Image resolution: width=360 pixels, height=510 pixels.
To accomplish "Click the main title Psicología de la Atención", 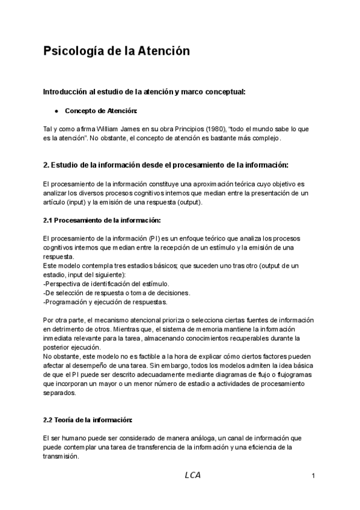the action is (117, 52).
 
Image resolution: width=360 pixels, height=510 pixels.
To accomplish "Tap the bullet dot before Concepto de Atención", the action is (56, 111).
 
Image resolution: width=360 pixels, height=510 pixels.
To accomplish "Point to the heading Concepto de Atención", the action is (100, 111).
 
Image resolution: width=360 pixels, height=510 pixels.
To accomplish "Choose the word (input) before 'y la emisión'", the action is (76, 203).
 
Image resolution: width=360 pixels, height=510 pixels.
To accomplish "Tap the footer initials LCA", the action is (193, 475).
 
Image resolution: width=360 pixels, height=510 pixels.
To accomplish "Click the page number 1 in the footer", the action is (314, 476).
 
